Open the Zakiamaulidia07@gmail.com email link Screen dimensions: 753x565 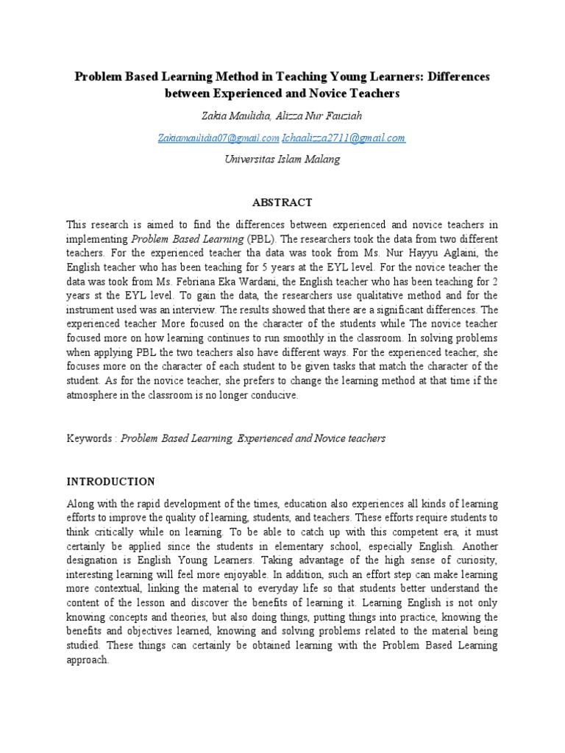point(218,138)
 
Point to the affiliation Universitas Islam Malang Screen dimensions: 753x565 point(282,160)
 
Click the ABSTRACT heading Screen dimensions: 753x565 point(282,202)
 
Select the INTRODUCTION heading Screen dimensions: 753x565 point(111,482)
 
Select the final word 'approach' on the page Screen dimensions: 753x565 point(86,660)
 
